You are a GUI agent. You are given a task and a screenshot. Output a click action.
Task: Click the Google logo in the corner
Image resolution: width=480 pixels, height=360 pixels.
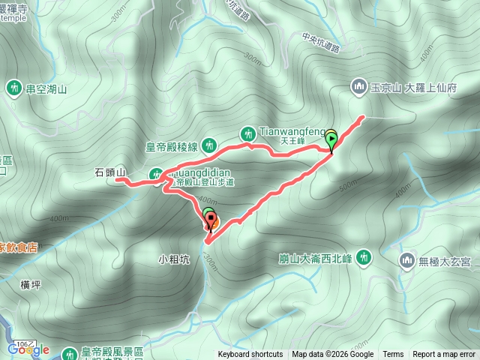click(x=28, y=349)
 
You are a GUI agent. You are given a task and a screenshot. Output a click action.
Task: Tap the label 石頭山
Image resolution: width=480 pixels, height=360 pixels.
click(x=110, y=172)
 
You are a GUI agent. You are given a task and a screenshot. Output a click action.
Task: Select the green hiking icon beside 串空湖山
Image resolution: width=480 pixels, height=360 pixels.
click(x=14, y=88)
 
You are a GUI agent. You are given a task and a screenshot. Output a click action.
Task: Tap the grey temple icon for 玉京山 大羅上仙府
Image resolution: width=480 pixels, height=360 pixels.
click(x=358, y=87)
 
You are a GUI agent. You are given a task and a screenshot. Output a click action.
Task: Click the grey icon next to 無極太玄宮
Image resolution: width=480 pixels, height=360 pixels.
click(x=407, y=260)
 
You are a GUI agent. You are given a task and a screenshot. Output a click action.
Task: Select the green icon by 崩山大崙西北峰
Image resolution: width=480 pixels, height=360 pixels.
click(x=364, y=257)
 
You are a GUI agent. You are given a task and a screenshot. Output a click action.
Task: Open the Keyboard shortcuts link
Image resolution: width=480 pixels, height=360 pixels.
click(x=250, y=355)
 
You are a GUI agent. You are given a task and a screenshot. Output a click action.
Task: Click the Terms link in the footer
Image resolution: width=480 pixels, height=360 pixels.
click(x=393, y=355)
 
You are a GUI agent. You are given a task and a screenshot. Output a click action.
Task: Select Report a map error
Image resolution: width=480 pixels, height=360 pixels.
click(x=444, y=355)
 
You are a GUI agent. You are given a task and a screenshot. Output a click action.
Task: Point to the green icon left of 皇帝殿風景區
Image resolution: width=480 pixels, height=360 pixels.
click(x=69, y=352)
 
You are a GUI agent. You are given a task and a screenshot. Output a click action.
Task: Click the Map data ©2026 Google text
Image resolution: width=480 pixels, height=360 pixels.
click(x=332, y=355)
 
